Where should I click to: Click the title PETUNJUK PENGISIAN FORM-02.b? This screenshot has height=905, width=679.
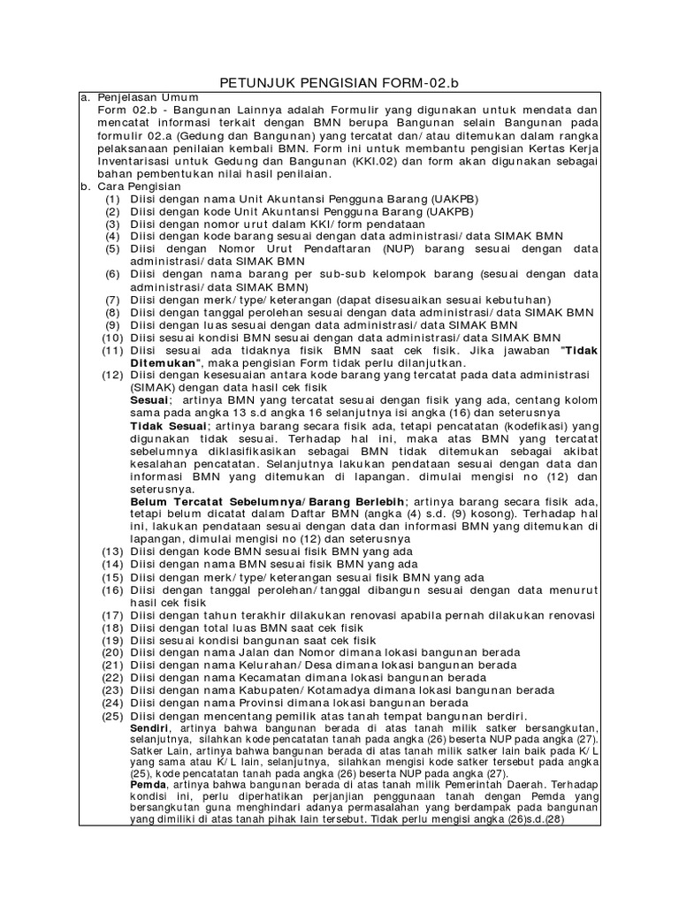(x=339, y=84)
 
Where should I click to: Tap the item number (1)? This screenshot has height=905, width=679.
(x=112, y=200)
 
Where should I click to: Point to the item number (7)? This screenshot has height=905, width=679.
(x=112, y=300)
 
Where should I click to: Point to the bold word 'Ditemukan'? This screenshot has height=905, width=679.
(x=166, y=363)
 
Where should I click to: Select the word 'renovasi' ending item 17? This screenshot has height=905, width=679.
(x=568, y=615)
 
